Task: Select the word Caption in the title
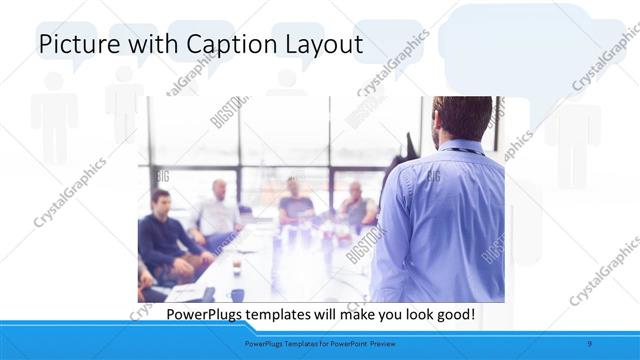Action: [x=224, y=45]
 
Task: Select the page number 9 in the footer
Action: [x=590, y=344]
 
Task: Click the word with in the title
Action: [x=152, y=45]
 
